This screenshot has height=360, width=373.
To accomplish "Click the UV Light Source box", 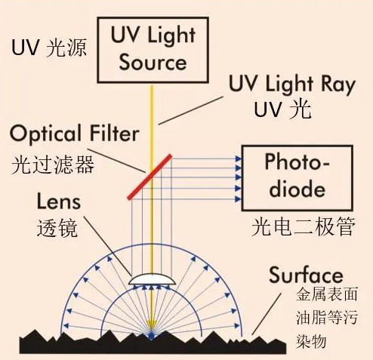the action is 153,50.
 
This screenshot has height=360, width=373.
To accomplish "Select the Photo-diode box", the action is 297,178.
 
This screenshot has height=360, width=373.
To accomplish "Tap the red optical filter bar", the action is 150,177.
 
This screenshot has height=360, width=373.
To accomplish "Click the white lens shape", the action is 152,279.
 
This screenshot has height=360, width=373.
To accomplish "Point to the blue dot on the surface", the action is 151,336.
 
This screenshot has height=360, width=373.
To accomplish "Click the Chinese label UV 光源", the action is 49,48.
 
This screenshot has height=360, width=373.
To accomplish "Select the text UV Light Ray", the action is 292,85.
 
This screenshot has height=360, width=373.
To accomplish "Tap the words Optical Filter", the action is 75,134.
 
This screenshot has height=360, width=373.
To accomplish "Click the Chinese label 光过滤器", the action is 53,165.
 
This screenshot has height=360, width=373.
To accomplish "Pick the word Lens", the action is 59,202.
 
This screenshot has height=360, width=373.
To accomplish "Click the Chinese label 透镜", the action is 57,228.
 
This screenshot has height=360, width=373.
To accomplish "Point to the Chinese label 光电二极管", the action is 304,226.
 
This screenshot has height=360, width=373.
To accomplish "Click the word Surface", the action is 306,275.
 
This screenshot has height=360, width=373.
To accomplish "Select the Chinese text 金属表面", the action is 327,294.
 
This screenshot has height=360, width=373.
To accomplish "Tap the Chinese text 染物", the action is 311,341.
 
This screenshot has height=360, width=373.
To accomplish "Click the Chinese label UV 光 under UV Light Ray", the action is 282,109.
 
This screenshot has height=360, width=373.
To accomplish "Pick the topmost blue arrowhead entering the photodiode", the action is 238,158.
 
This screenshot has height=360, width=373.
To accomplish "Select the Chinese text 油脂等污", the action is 327,318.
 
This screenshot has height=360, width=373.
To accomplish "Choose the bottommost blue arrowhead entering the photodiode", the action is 238,199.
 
